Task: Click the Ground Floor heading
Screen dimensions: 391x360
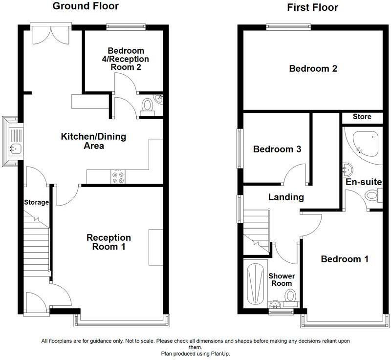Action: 86,6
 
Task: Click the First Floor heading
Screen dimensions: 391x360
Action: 312,7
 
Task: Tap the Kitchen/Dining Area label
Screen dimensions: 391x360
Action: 93,141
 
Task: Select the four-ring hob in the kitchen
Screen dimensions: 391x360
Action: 118,177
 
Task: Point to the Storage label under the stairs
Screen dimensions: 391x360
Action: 36,202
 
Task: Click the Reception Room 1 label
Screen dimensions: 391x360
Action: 109,242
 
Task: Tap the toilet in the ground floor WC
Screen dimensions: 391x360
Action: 148,107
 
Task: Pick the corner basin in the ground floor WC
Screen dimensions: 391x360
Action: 158,99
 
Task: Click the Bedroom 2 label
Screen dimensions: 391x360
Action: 313,68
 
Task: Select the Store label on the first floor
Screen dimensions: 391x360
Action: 362,117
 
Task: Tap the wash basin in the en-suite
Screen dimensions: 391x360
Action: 348,169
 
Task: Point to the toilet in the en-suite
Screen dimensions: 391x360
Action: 373,195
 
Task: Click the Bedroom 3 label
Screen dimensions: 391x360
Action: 277,149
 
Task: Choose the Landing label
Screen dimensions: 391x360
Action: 286,197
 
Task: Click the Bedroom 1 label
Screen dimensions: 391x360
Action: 345,259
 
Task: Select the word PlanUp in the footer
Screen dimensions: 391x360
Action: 220,354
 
